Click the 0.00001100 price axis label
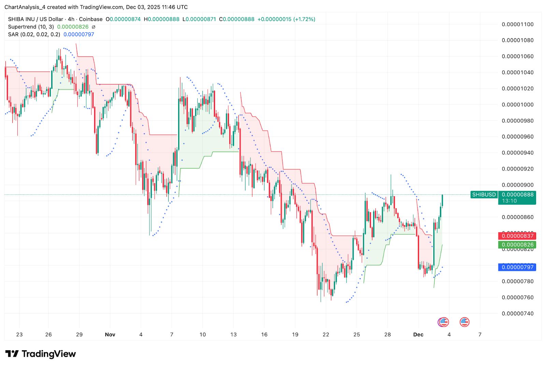pyautogui.click(x=517, y=24)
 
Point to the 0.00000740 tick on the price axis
pyautogui.click(x=517, y=313)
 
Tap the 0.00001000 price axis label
pyautogui.click(x=517, y=105)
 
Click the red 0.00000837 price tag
pyautogui.click(x=517, y=236)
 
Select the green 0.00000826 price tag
pyautogui.click(x=517, y=245)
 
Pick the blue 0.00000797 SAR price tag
pyautogui.click(x=517, y=267)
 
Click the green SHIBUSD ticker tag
pyautogui.click(x=484, y=195)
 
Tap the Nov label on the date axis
pyautogui.click(x=110, y=335)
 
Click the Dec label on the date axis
pyautogui.click(x=418, y=335)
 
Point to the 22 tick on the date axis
pyautogui.click(x=326, y=335)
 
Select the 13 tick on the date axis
pyautogui.click(x=233, y=335)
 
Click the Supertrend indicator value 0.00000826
pyautogui.click(x=73, y=27)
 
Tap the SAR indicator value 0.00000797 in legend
pyautogui.click(x=79, y=34)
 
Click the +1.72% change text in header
pyautogui.click(x=304, y=19)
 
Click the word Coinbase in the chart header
pyautogui.click(x=91, y=19)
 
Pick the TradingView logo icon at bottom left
pyautogui.click(x=12, y=354)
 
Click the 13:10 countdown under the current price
pyautogui.click(x=509, y=201)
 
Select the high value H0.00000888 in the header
pyautogui.click(x=161, y=19)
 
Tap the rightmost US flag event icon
pyautogui.click(x=464, y=322)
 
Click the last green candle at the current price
pyautogui.click(x=442, y=200)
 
